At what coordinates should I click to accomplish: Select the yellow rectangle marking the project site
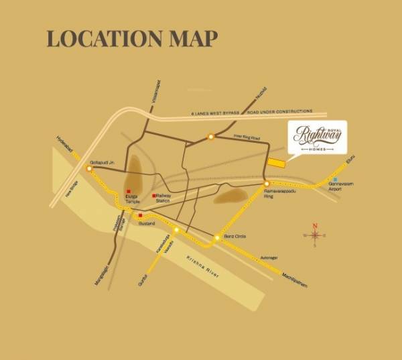point(276,162)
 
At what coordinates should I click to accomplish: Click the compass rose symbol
point(314,235)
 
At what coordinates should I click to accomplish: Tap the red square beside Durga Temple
point(129,192)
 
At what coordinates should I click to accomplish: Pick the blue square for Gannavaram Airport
point(334,180)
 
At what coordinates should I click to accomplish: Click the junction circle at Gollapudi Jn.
point(89,169)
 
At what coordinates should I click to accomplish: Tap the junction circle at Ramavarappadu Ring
point(266,183)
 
